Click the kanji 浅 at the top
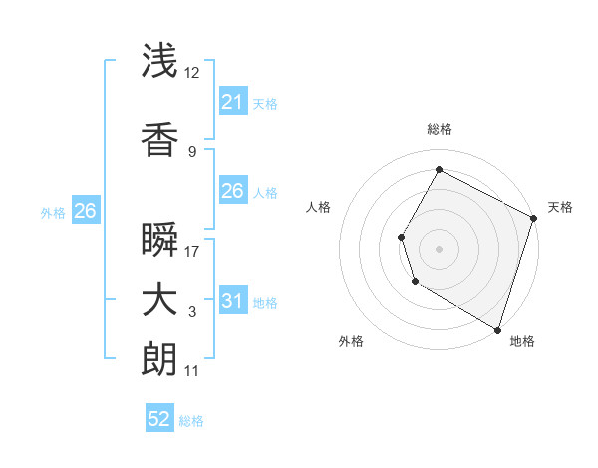160,61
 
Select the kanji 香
160,139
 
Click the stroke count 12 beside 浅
193,73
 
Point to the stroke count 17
193,252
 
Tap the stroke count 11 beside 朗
193,371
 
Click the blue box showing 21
232,102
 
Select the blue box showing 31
232,301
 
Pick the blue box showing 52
159,420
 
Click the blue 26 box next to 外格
85,211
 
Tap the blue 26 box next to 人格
232,191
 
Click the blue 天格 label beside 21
265,103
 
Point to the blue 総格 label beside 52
191,421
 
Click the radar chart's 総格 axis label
439,129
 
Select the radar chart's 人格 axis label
319,207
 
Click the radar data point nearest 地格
496,328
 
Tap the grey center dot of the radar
439,248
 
